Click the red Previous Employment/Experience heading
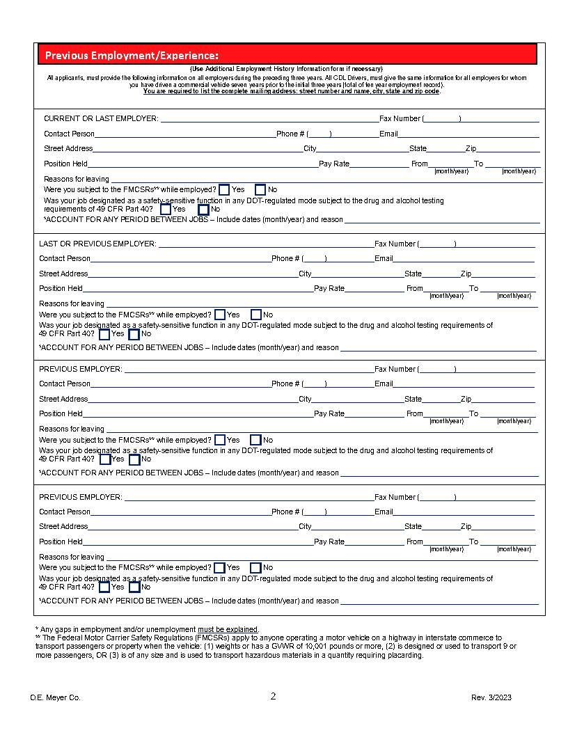tap(132, 55)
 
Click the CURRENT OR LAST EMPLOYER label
tap(101, 119)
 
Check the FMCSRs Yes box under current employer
tap(224, 189)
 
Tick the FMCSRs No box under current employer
tap(260, 189)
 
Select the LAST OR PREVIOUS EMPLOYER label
tap(97, 244)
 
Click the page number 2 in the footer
tap(274, 697)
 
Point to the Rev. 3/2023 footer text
tap(491, 697)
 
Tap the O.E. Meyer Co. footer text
tap(55, 697)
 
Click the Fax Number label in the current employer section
tap(400, 119)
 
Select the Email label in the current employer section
tap(388, 134)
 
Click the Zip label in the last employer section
tap(466, 274)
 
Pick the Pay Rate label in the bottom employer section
tap(329, 542)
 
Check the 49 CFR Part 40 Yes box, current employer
tap(166, 209)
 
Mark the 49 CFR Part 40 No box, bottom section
tap(134, 587)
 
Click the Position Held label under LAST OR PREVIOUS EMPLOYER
tap(61, 288)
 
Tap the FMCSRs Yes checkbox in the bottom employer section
tap(219, 567)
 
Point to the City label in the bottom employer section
tap(305, 527)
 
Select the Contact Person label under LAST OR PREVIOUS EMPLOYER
tap(65, 259)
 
